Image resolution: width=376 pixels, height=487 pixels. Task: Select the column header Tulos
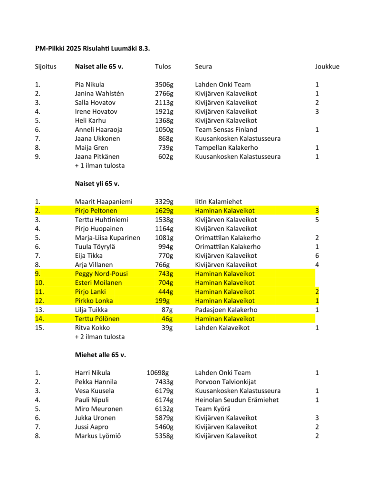(x=163, y=67)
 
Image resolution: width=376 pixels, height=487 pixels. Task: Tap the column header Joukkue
(x=327, y=67)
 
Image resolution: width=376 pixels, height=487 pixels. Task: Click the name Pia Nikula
(x=90, y=85)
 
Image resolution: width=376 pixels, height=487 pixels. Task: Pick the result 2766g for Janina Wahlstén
(x=164, y=94)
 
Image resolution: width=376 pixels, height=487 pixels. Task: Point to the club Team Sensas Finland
(x=226, y=129)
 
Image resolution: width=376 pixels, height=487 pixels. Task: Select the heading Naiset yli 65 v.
(x=98, y=184)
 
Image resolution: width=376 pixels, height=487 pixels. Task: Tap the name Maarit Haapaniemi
(x=103, y=202)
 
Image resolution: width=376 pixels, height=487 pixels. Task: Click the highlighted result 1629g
(x=164, y=211)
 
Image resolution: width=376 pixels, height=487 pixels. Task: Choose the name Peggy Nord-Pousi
(x=101, y=274)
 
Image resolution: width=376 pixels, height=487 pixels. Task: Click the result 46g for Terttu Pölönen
(x=167, y=319)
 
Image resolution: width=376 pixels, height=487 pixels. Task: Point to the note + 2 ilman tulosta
(x=100, y=337)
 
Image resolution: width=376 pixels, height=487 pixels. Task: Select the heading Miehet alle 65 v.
(x=100, y=355)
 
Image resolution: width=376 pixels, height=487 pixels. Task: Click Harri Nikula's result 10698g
(x=158, y=373)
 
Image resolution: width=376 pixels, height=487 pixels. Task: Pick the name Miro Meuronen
(x=99, y=409)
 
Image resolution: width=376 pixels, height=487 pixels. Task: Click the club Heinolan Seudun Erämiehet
(x=237, y=400)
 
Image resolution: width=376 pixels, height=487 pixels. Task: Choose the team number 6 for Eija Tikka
(x=317, y=256)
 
